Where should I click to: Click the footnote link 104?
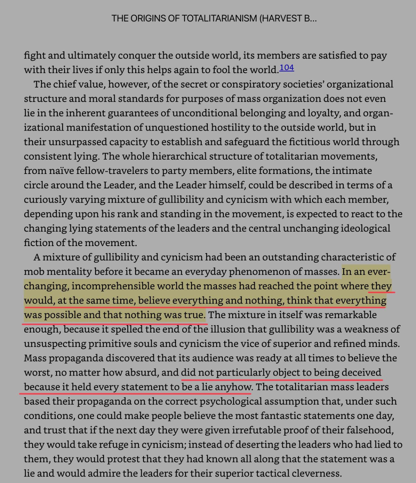click(287, 68)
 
